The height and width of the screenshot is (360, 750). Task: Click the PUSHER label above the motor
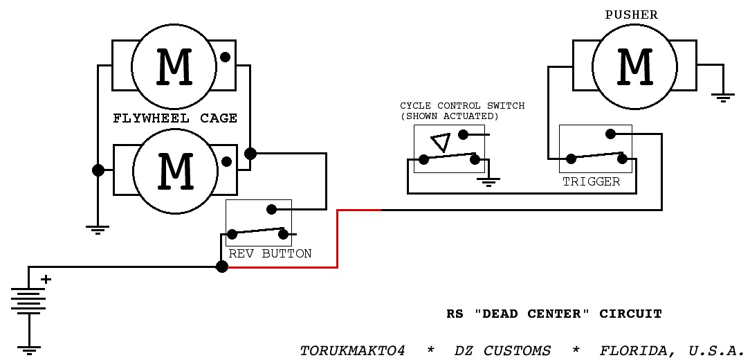click(631, 15)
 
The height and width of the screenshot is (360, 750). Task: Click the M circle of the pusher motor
click(634, 65)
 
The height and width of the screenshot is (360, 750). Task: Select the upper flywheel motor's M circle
click(174, 67)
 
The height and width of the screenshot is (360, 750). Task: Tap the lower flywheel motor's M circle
click(175, 171)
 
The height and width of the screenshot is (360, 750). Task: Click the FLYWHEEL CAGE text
click(175, 118)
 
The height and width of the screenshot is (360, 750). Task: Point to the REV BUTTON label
click(270, 254)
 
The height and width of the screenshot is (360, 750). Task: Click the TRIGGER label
click(591, 182)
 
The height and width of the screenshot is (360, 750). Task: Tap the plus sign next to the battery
click(46, 280)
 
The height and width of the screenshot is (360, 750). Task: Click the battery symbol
click(28, 300)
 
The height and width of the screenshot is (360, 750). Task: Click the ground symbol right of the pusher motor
click(723, 98)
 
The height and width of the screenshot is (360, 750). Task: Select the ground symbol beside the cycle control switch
click(488, 183)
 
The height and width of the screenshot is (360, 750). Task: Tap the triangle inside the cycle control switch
click(441, 143)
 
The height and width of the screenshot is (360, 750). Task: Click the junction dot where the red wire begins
click(221, 267)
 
